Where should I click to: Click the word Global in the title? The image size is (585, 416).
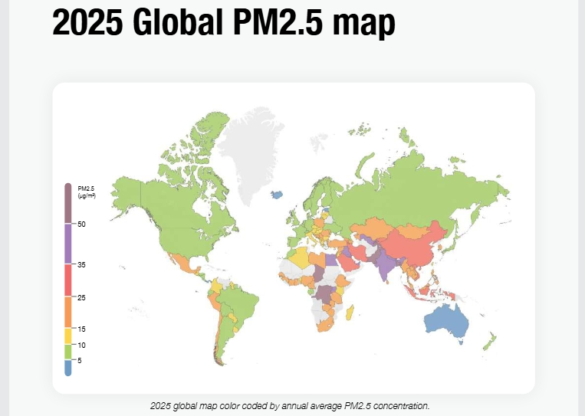click(x=183, y=24)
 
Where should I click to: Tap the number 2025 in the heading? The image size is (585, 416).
click(x=87, y=24)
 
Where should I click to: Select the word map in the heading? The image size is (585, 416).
click(x=365, y=24)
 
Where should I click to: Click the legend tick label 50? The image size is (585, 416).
click(x=81, y=224)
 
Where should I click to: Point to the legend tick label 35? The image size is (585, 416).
click(x=81, y=264)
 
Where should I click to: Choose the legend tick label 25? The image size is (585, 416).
click(x=81, y=297)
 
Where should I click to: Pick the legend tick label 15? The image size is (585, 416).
click(x=81, y=329)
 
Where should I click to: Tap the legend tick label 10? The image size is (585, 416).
click(x=81, y=345)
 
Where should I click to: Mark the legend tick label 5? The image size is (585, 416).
click(x=79, y=360)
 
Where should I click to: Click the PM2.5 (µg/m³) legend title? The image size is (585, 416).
click(x=86, y=192)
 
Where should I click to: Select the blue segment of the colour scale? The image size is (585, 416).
click(x=67, y=368)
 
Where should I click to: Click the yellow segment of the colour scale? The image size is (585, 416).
click(x=67, y=336)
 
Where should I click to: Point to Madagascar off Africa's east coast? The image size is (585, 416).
click(x=350, y=313)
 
